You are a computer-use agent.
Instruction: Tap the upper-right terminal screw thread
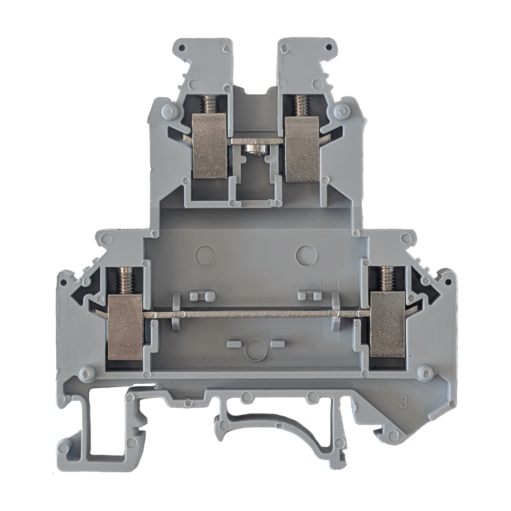point(299,106)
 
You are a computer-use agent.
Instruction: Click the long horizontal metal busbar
point(258,314)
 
